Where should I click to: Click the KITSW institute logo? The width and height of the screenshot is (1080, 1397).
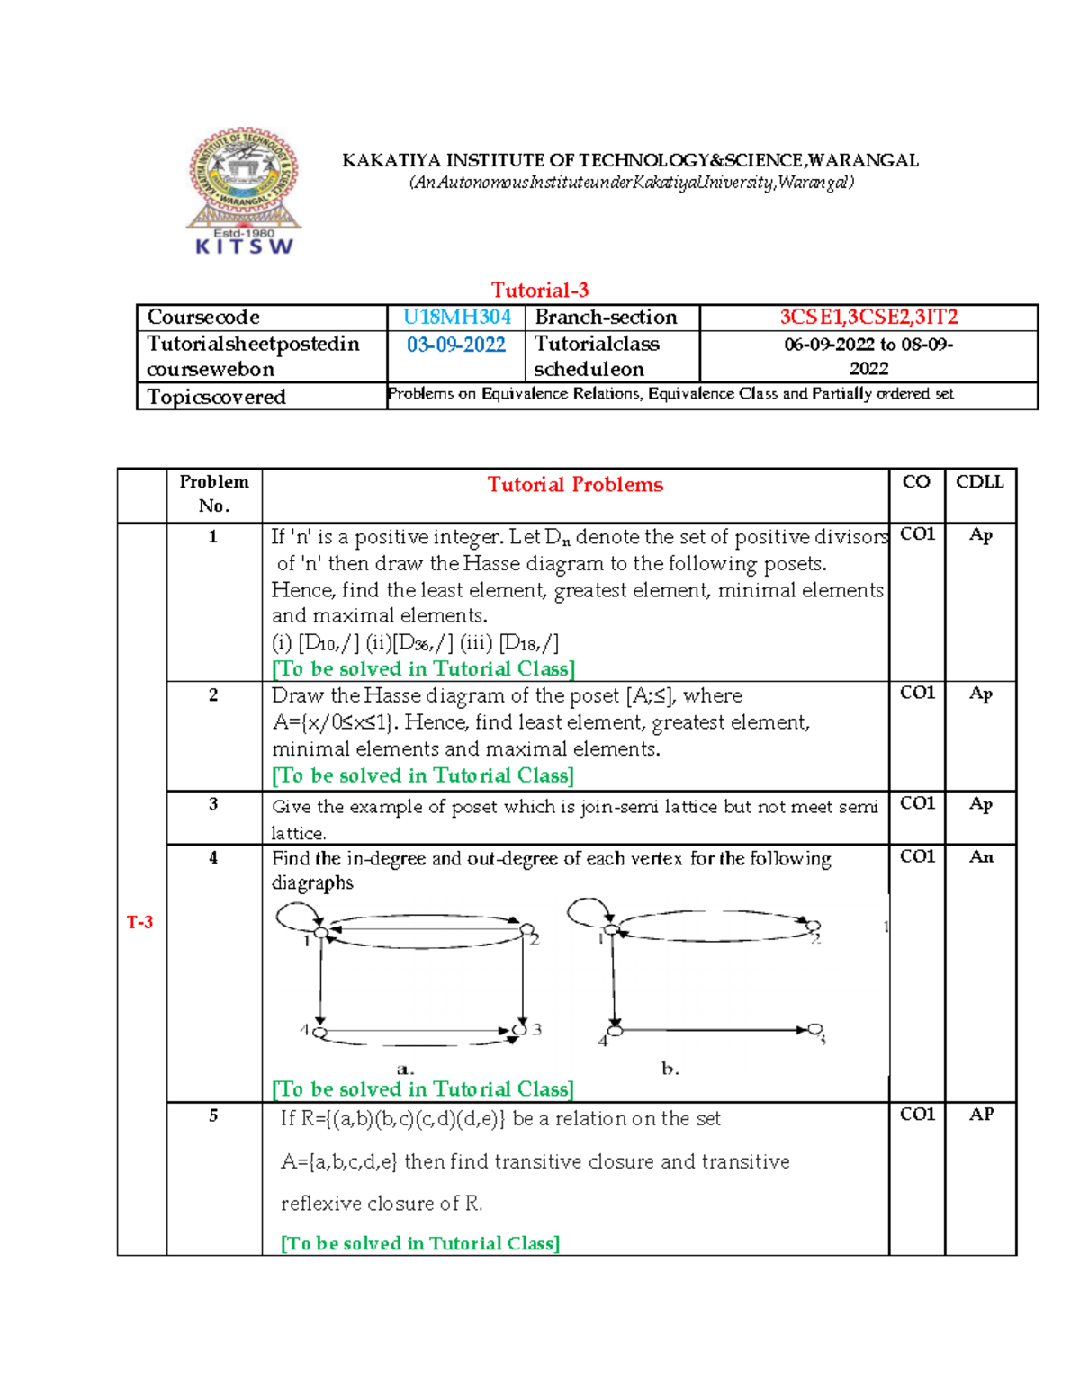point(243,191)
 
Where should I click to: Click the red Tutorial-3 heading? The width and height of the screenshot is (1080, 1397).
point(540,290)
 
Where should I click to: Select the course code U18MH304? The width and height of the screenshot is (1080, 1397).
point(456,318)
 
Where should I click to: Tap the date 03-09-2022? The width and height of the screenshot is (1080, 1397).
point(456,345)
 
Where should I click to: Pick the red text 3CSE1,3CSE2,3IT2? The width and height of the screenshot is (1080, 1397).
point(868,318)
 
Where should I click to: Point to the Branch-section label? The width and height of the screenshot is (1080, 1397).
point(606,318)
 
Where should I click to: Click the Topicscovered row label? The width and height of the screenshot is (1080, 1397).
point(216,397)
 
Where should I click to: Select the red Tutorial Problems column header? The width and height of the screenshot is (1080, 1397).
point(575,485)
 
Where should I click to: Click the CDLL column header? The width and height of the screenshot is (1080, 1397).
point(979,482)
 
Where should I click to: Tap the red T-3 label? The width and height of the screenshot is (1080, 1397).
point(140,922)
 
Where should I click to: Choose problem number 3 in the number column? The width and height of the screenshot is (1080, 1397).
point(213,804)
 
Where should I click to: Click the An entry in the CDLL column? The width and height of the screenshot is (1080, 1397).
point(981,857)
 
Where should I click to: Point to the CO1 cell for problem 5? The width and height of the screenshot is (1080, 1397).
point(917,1115)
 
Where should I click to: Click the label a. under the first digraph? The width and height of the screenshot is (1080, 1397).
point(405,1070)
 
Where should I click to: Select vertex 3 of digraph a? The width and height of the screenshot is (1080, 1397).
point(519,1030)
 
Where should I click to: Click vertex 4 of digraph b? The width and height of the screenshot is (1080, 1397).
point(616,1030)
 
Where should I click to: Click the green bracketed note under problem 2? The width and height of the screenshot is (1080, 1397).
point(423,775)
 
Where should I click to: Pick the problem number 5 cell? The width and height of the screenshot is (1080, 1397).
point(213,1115)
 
